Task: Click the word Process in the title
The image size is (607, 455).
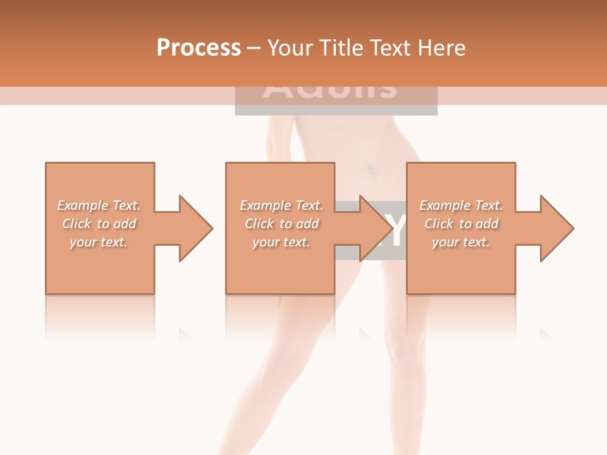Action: [x=199, y=47]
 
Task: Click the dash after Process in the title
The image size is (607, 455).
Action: [x=254, y=48]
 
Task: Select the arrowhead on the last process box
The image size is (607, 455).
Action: [x=557, y=228]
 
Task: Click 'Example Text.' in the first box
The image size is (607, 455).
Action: [x=99, y=205]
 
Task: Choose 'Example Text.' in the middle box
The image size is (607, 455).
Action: [x=281, y=205]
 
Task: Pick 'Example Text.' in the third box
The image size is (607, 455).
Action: [x=461, y=205]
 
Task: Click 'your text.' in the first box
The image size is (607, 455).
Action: [x=99, y=242]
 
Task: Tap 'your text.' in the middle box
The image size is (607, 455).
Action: [x=281, y=242]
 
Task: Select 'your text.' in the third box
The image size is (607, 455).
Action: [x=461, y=242]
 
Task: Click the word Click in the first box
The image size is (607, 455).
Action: [x=77, y=224]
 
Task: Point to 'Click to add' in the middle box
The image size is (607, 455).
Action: [x=281, y=224]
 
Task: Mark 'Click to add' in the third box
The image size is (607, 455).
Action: [x=461, y=224]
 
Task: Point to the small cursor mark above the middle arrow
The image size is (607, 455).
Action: [x=371, y=169]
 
